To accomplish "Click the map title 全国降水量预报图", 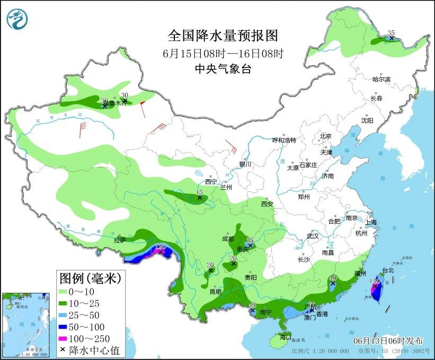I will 223,36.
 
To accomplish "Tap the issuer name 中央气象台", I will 223,68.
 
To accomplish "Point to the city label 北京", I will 325,136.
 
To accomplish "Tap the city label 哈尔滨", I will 381,80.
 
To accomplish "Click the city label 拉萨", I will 120,240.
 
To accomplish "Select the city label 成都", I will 228,239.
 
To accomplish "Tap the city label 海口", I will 286,337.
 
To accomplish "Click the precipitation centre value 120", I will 161,247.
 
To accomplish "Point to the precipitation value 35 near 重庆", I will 250,240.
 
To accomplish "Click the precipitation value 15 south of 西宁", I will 200,192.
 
